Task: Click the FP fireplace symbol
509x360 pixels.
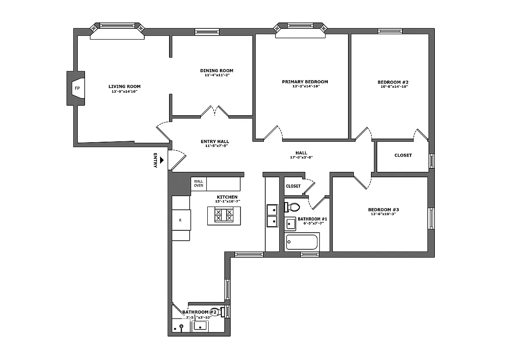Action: [x=77, y=89]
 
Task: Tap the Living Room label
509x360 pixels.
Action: [x=125, y=86]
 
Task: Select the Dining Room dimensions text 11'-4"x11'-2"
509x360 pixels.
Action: [x=217, y=75]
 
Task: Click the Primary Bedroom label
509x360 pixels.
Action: [x=305, y=82]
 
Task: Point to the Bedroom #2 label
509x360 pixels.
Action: [x=393, y=82]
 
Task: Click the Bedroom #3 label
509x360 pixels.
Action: [x=384, y=210]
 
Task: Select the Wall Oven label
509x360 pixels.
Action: [x=198, y=183]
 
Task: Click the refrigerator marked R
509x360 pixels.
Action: [x=181, y=220]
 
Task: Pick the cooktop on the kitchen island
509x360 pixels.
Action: [x=224, y=216]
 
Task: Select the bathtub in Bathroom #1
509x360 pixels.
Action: [x=302, y=242]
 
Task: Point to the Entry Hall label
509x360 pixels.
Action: [x=214, y=141]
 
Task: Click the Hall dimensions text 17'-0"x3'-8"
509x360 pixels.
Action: [x=301, y=157]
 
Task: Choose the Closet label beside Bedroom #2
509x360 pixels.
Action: [x=403, y=155]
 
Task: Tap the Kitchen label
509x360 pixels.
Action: [x=227, y=197]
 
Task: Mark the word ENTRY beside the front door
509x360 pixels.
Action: [x=156, y=161]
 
